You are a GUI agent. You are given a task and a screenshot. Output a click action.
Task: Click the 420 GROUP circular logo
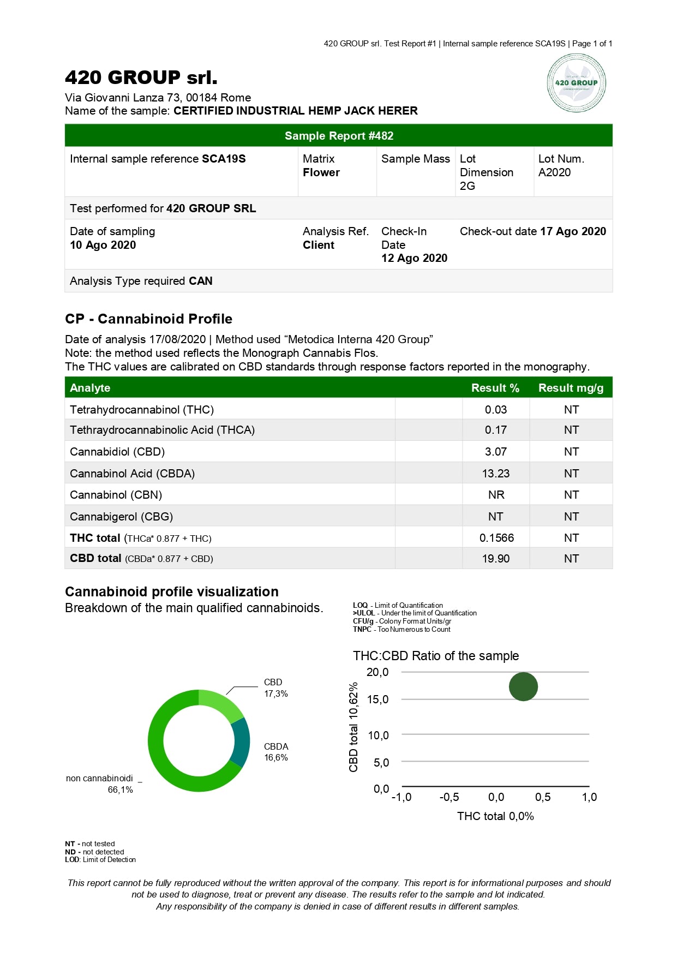pyautogui.click(x=576, y=83)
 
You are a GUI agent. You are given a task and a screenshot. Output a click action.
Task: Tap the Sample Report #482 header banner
pyautogui.click(x=339, y=136)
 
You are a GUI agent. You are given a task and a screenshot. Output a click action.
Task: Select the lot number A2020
pyautogui.click(x=554, y=172)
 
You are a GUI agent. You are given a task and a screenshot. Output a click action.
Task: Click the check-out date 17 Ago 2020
pyautogui.click(x=573, y=231)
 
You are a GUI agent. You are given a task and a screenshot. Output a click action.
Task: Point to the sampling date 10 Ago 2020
pyautogui.click(x=103, y=245)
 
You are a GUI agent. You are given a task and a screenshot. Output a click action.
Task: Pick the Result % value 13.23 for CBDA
pyautogui.click(x=495, y=474)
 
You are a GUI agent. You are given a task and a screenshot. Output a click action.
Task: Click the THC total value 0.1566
pyautogui.click(x=496, y=538)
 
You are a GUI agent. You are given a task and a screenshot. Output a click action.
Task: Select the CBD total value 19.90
pyautogui.click(x=495, y=559)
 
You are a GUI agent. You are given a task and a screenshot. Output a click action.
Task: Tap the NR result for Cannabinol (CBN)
pyautogui.click(x=496, y=495)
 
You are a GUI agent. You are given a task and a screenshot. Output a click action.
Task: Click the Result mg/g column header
pyautogui.click(x=571, y=388)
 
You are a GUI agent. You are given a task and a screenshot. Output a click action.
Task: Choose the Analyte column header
pyautogui.click(x=90, y=388)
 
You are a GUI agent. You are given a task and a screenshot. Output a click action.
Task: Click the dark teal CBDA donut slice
pyautogui.click(x=241, y=742)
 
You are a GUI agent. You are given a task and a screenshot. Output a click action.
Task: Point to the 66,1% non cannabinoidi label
pyautogui.click(x=120, y=790)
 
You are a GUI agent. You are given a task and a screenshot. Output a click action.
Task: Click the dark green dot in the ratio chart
pyautogui.click(x=523, y=686)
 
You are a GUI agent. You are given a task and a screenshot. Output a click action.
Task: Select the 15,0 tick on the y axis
pyautogui.click(x=378, y=699)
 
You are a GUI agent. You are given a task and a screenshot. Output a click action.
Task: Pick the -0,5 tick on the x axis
pyautogui.click(x=449, y=797)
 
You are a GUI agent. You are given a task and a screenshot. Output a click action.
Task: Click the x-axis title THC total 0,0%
pyautogui.click(x=495, y=816)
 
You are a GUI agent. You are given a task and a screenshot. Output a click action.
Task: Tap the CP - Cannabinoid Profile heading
pyautogui.click(x=148, y=319)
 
